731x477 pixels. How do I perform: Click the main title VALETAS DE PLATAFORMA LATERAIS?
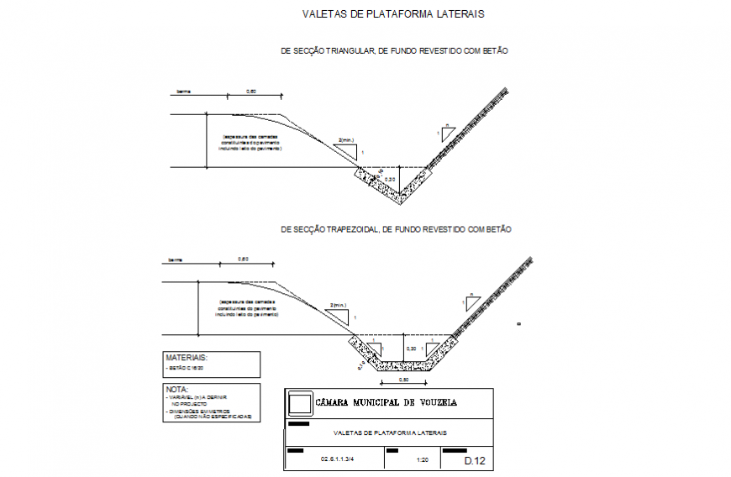pyautogui.click(x=393, y=14)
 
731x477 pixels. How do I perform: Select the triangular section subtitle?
pyautogui.click(x=395, y=51)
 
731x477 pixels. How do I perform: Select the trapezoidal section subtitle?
pyautogui.click(x=396, y=229)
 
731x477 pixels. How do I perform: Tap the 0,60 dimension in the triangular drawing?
pyautogui.click(x=251, y=91)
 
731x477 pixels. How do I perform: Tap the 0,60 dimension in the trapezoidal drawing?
pyautogui.click(x=243, y=259)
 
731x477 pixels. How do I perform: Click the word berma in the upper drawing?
pyautogui.click(x=182, y=91)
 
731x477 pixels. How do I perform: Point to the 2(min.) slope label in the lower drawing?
pyautogui.click(x=338, y=305)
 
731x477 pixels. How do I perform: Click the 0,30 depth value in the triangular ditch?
pyautogui.click(x=389, y=179)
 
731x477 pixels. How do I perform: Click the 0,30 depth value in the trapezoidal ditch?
pyautogui.click(x=411, y=348)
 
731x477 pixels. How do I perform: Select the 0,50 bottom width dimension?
pyautogui.click(x=404, y=380)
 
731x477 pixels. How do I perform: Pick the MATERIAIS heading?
pyautogui.click(x=187, y=358)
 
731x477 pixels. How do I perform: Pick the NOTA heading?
pyautogui.click(x=176, y=390)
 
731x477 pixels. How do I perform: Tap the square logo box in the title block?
pyautogui.click(x=299, y=404)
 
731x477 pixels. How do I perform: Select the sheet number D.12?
pyautogui.click(x=475, y=460)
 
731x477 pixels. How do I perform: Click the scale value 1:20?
pyautogui.click(x=423, y=461)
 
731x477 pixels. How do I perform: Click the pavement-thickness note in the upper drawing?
pyautogui.click(x=251, y=142)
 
